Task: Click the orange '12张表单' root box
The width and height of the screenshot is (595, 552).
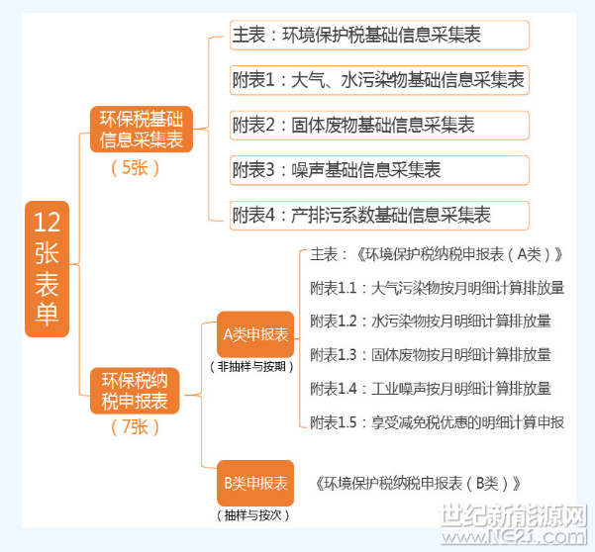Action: (48, 269)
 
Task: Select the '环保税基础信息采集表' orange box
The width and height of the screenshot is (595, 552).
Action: (142, 130)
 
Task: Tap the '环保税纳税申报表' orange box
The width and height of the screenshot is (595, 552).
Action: (135, 391)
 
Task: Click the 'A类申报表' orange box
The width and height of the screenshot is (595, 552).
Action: (255, 334)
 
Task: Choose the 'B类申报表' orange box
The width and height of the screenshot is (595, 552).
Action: (255, 483)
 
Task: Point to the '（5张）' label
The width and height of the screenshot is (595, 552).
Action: (135, 168)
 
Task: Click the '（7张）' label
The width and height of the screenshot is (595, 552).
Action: (135, 427)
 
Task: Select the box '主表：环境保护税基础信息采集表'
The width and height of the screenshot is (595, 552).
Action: (379, 35)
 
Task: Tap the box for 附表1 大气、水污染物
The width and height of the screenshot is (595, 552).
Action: (379, 80)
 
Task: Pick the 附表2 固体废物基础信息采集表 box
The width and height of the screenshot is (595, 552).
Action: (379, 125)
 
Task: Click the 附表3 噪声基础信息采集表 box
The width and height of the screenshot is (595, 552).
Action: (379, 170)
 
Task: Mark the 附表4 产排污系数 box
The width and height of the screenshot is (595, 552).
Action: (379, 216)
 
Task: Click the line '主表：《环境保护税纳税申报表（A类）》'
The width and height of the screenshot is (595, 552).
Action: (437, 254)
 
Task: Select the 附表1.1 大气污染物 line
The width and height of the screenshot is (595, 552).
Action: (438, 288)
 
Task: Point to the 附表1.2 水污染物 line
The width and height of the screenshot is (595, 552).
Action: (431, 322)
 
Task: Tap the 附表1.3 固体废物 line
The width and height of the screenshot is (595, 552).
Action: (431, 355)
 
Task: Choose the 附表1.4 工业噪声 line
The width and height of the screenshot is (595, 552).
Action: (431, 389)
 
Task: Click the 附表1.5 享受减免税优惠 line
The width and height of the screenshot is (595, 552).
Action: (438, 422)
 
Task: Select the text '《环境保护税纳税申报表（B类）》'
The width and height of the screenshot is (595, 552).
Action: (418, 484)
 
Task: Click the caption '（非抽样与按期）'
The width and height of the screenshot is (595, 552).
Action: (251, 367)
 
